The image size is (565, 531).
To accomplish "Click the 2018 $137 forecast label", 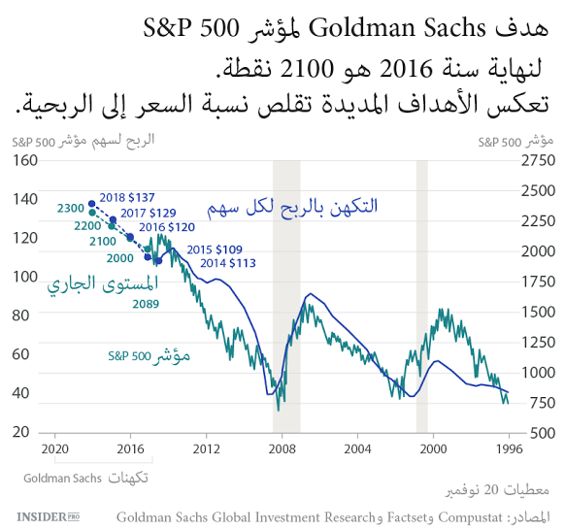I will click(x=127, y=196).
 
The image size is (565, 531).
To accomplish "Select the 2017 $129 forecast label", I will click(x=149, y=212).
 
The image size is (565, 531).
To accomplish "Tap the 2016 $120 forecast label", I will click(x=168, y=226).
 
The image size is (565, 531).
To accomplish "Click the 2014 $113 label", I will click(x=228, y=262).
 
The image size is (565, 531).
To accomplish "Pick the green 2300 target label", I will click(x=70, y=208).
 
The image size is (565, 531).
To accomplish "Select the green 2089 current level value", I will click(x=146, y=305).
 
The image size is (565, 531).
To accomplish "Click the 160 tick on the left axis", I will click(x=25, y=160).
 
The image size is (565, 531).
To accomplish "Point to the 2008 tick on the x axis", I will click(x=282, y=449).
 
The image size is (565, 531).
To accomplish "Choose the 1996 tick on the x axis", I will click(x=508, y=449).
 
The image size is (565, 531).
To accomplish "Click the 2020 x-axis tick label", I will click(x=54, y=449).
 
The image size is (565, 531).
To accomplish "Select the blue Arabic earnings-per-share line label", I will click(x=292, y=207).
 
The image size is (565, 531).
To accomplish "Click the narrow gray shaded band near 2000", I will click(x=421, y=296).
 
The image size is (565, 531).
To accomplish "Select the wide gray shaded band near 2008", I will click(x=285, y=296).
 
